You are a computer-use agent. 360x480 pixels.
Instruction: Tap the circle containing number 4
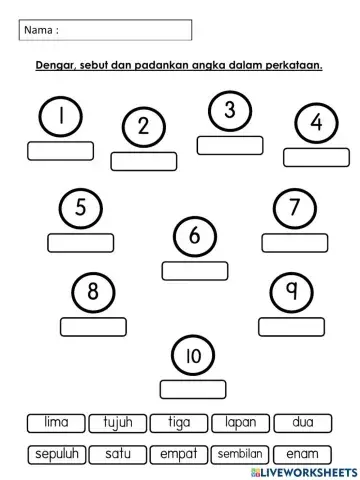coord(317,124)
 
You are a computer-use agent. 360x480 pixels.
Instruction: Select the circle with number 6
coord(195,237)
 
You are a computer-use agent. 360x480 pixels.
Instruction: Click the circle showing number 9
coord(291,292)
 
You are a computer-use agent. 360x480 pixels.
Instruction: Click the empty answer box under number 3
coord(229,145)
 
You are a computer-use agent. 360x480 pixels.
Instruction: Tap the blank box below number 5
coord(81,242)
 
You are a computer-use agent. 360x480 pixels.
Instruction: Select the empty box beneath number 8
coord(93,326)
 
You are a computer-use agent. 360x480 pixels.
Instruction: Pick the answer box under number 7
coord(295,242)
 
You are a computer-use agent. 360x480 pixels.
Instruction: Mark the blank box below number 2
coord(143,161)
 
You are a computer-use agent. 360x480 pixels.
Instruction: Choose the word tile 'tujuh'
coord(118,423)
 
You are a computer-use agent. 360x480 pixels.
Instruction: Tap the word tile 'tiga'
coord(180,423)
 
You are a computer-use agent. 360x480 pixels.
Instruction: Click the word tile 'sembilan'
coord(241,453)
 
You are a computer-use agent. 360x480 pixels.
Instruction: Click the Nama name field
coord(105,31)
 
